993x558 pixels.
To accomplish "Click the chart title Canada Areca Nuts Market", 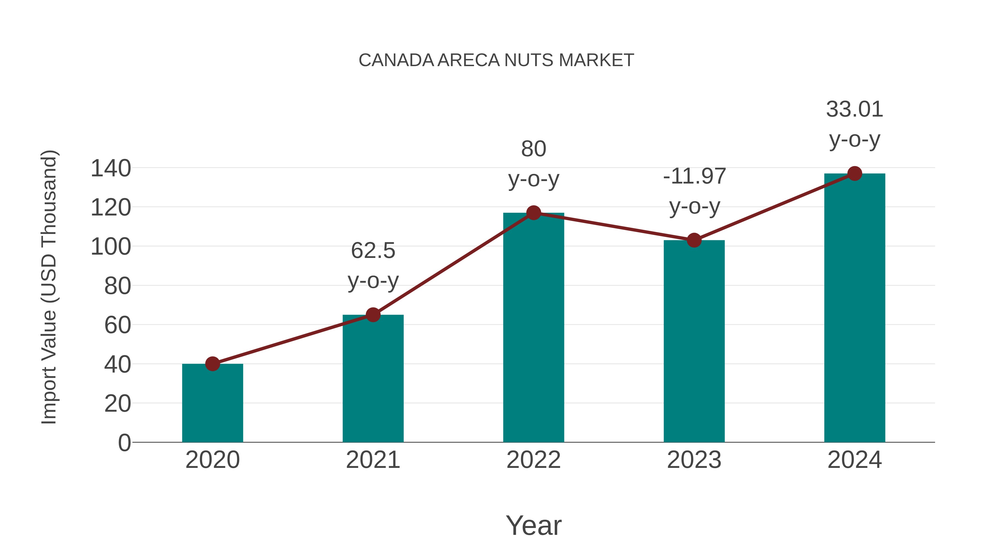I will tap(496, 60).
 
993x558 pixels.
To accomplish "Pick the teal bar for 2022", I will tap(533, 327).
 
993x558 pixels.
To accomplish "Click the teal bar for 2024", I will tap(855, 308).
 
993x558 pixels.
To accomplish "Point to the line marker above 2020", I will tap(212, 363).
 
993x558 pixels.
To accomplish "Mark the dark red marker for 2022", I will tap(533, 212).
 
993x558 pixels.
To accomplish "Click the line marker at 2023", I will tap(694, 240).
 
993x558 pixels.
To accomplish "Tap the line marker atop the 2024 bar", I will tap(855, 174).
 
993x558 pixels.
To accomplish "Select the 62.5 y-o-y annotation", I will tap(373, 265).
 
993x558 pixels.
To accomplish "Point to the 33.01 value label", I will tap(855, 124).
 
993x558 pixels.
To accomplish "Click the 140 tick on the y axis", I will tap(111, 168).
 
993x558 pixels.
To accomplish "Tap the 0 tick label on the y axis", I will tap(124, 443).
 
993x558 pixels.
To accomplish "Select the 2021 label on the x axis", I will tap(373, 460).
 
